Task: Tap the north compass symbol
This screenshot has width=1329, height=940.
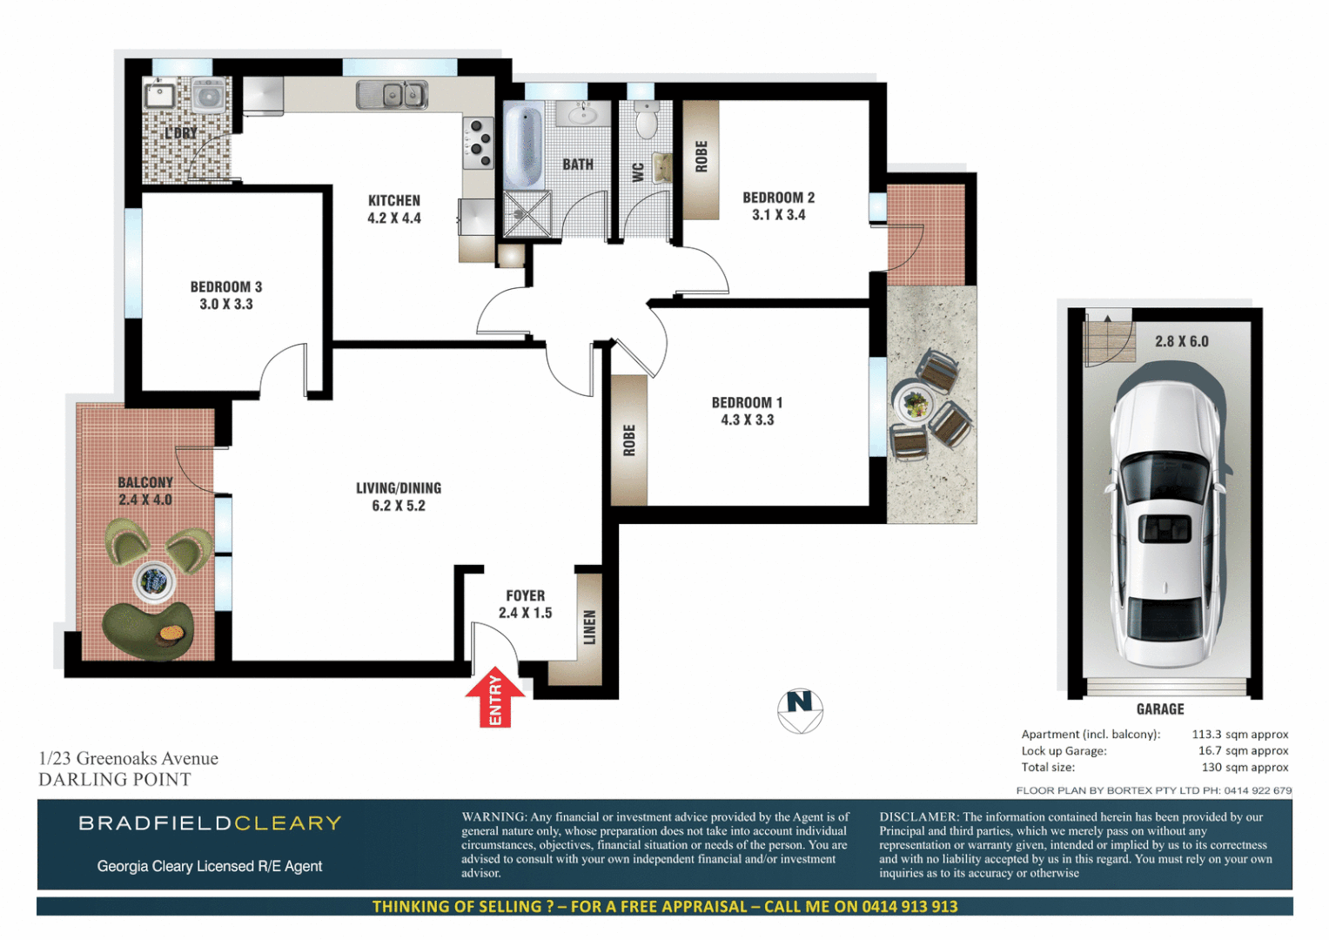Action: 800,710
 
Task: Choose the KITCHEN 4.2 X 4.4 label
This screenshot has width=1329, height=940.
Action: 394,209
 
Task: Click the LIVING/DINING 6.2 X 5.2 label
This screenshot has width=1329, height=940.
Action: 399,496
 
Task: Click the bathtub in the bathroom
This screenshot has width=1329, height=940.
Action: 522,144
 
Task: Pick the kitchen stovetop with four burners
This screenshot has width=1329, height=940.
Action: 478,144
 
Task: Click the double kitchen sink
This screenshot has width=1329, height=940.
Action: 392,94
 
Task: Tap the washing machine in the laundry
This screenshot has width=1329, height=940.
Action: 207,95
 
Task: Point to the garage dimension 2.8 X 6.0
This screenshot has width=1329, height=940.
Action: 1181,341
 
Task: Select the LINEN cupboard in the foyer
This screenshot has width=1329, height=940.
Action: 589,627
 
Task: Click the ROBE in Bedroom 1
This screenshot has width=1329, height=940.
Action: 629,440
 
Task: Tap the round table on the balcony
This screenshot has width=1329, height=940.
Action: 154,581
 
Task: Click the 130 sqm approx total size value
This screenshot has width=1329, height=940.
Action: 1245,768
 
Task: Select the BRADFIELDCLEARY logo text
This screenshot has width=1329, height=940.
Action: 210,823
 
